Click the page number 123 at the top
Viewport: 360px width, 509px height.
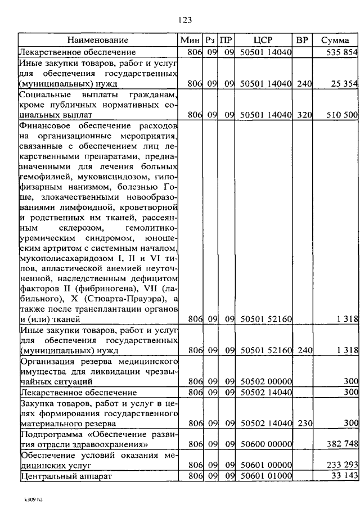click(x=185, y=20)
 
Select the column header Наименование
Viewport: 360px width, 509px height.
click(x=98, y=40)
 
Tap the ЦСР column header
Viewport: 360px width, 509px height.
click(x=263, y=40)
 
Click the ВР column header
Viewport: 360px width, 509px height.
click(x=302, y=40)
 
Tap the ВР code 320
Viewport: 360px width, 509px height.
click(x=304, y=115)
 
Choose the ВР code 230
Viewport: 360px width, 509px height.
click(x=304, y=422)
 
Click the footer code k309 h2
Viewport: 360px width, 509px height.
click(x=29, y=499)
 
